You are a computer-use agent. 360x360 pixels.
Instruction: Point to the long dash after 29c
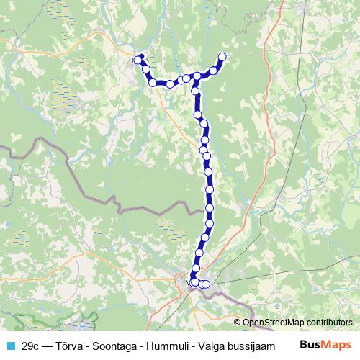[49, 345]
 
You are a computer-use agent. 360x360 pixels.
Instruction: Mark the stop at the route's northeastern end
[222, 57]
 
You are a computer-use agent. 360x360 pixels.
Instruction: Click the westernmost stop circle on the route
[138, 60]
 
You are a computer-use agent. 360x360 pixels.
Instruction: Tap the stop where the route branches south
[197, 76]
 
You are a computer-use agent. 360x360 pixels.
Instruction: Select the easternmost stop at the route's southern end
[206, 284]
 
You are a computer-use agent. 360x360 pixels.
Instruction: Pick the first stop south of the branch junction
[194, 91]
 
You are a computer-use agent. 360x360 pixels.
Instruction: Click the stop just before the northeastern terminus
[213, 70]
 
